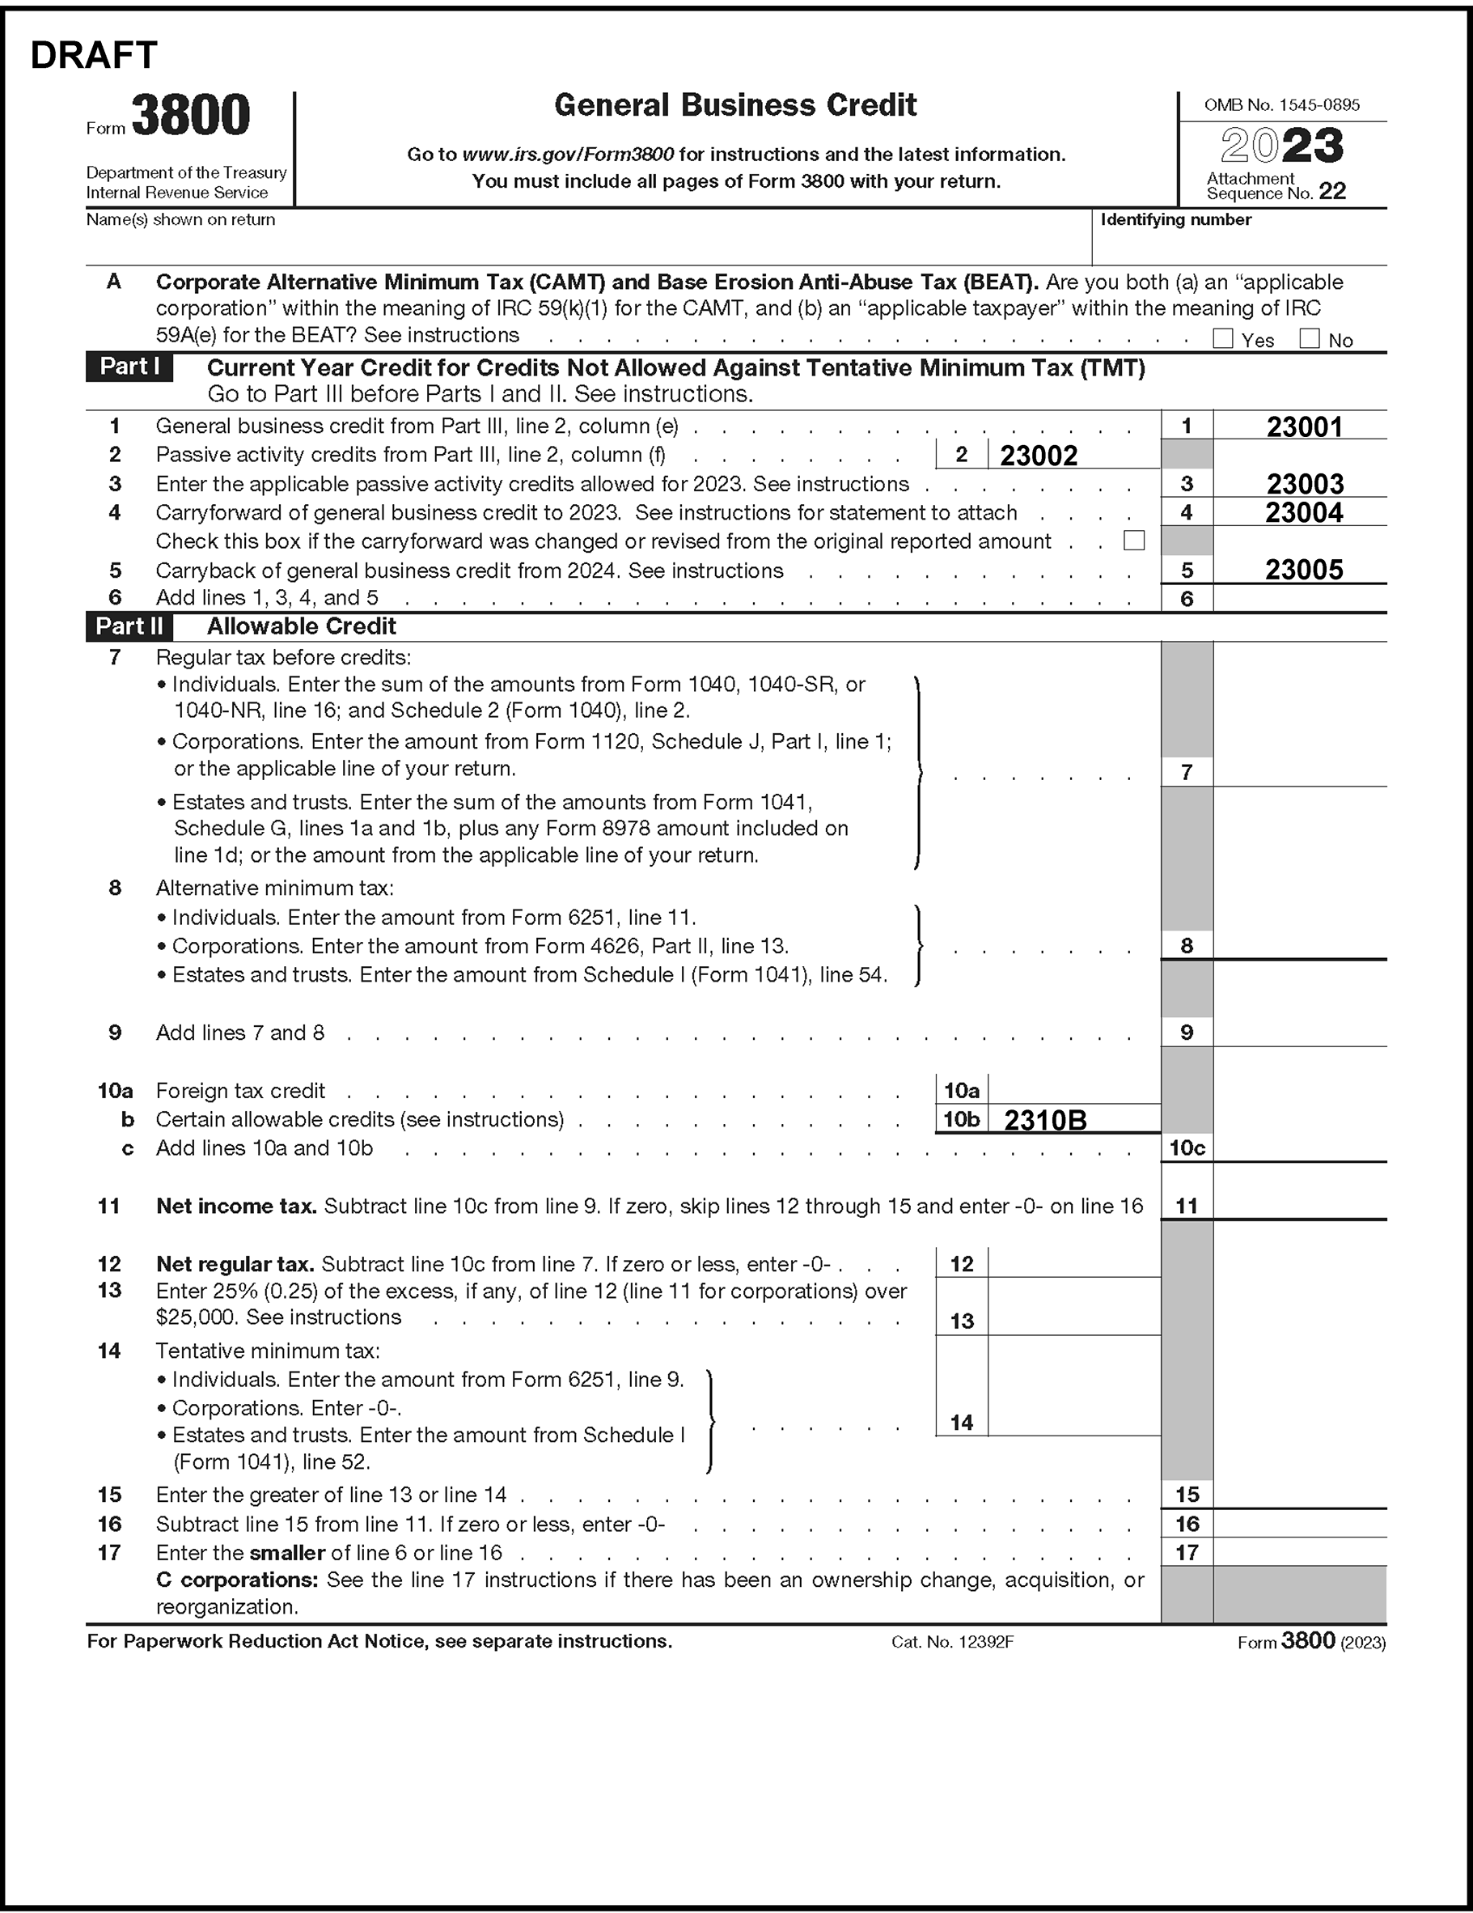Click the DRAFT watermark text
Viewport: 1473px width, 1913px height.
coord(94,55)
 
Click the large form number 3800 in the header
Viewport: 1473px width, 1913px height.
coord(190,117)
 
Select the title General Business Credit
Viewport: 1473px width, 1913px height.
coord(734,105)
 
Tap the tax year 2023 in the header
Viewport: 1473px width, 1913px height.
coord(1282,146)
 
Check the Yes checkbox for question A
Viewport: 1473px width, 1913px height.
coord(1222,339)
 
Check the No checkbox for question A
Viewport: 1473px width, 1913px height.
coord(1310,339)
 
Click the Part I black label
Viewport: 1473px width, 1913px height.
coord(129,367)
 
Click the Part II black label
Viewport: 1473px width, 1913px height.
coord(129,626)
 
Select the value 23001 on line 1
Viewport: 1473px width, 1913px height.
coord(1304,427)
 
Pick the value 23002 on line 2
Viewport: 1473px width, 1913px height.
coord(1039,456)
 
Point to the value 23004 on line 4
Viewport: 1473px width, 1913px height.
coord(1304,512)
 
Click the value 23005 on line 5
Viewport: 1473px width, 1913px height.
coord(1304,571)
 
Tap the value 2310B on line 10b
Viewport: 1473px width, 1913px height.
coord(1045,1120)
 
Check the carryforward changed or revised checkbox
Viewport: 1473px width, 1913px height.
coord(1134,541)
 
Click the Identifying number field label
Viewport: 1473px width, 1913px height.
coord(1175,220)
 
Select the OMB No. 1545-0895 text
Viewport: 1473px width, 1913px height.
coord(1281,105)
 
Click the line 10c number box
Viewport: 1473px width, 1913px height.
coord(1187,1148)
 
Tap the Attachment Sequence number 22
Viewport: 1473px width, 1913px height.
coord(1332,192)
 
